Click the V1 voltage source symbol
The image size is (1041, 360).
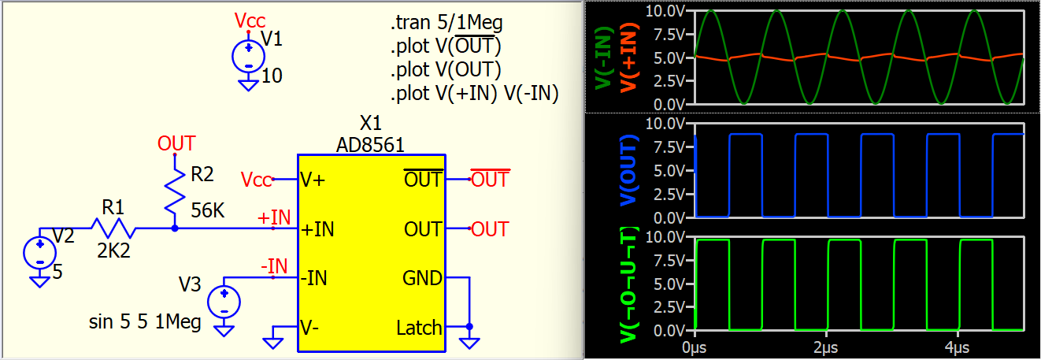249,57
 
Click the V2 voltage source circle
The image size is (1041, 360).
40,253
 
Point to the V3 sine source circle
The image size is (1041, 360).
224,302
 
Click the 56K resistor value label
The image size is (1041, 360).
208,210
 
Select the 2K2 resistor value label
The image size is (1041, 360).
113,251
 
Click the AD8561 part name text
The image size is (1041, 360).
370,145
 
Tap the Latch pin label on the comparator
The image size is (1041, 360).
419,328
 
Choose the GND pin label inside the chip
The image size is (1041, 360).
422,278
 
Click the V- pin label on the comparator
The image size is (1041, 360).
310,328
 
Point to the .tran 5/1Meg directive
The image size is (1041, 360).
446,22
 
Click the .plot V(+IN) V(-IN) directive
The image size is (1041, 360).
475,93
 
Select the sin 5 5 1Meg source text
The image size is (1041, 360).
145,322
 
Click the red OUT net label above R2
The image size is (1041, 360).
176,143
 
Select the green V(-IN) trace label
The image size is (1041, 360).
604,58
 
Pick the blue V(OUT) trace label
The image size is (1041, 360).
630,171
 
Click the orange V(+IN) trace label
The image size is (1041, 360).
629,58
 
